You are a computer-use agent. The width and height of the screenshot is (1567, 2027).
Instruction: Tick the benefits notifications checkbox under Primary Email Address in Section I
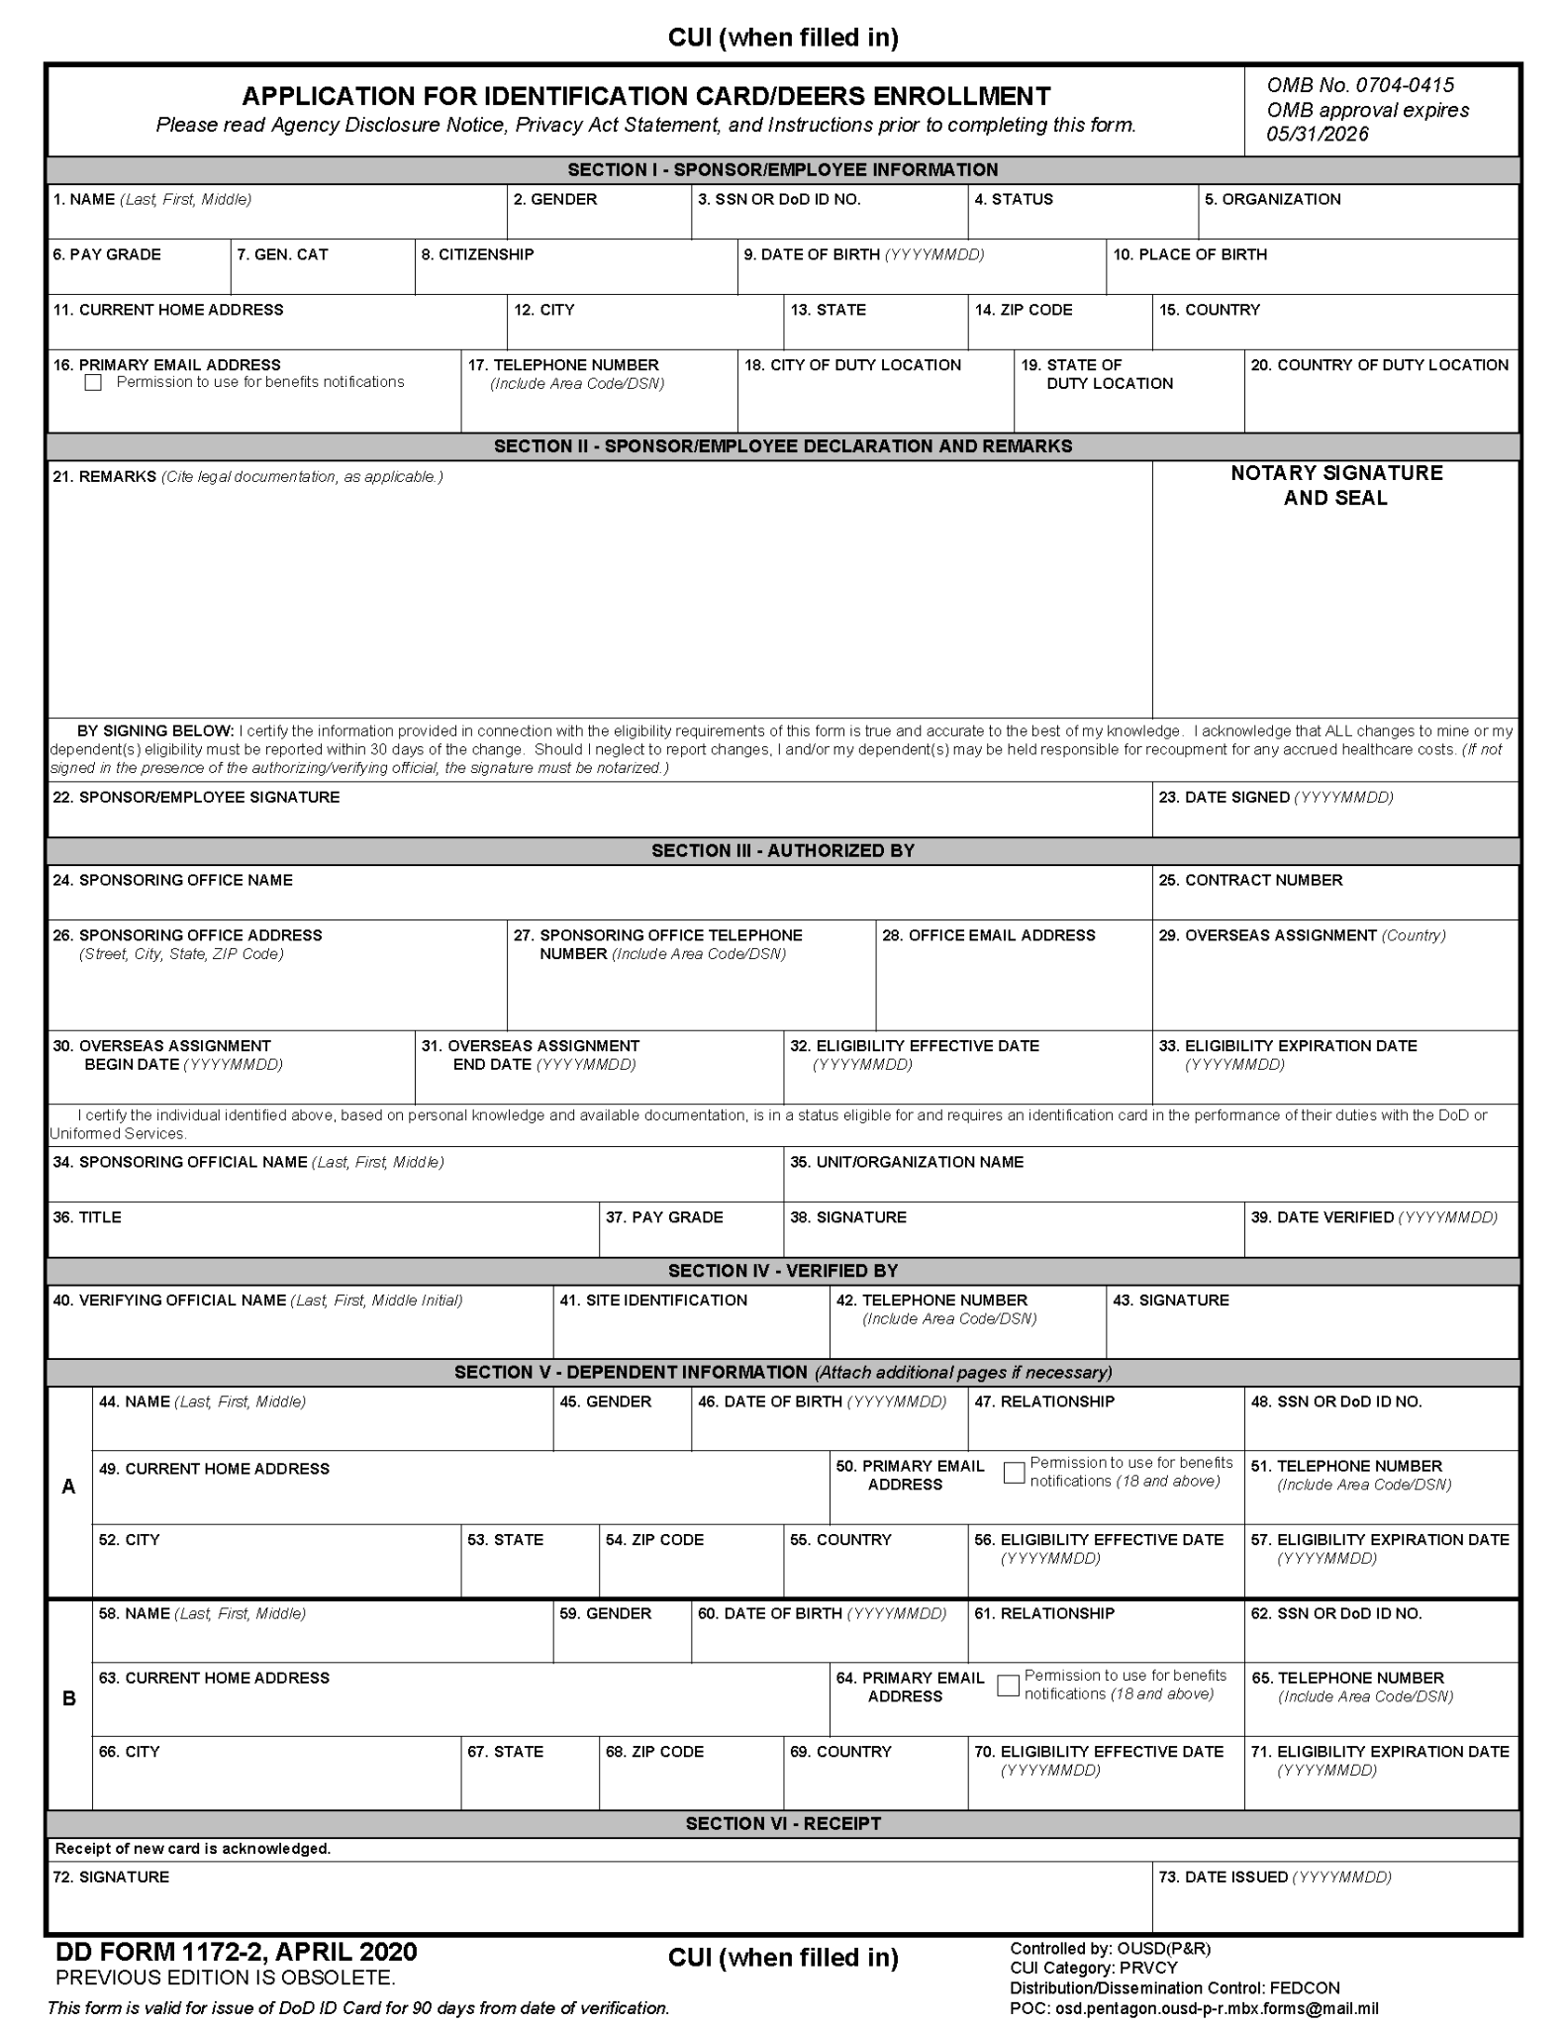pos(93,383)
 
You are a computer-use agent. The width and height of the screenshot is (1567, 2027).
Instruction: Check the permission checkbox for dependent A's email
pos(1014,1473)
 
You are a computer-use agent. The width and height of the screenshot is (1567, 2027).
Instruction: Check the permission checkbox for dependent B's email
pos(1008,1686)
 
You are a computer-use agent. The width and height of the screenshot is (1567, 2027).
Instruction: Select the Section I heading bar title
pos(782,169)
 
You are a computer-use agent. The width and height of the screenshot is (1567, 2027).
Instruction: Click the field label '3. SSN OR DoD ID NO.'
pos(778,199)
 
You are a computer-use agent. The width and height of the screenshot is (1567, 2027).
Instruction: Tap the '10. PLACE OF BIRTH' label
pos(1189,254)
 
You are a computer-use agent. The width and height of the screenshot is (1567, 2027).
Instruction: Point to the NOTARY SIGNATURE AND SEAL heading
pos(1335,485)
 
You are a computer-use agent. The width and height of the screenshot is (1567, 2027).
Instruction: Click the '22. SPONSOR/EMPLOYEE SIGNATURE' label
pos(196,797)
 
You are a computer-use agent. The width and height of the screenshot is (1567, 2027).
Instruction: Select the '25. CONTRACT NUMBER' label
pos(1249,880)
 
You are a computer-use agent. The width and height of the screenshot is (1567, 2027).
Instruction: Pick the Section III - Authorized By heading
pos(782,850)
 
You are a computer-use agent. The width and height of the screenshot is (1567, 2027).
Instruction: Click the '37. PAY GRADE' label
pos(663,1217)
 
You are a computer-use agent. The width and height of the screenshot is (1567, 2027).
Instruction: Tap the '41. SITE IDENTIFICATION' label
pos(652,1300)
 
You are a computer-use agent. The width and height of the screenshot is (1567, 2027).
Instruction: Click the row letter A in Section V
pos(68,1487)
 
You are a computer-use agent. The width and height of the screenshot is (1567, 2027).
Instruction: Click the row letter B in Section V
pos(68,1698)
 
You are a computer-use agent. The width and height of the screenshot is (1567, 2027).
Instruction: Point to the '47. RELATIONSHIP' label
pos(1043,1401)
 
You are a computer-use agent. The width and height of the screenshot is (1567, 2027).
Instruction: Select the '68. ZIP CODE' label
pos(653,1751)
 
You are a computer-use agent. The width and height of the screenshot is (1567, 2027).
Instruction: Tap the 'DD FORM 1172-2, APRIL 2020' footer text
pos(237,1951)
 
